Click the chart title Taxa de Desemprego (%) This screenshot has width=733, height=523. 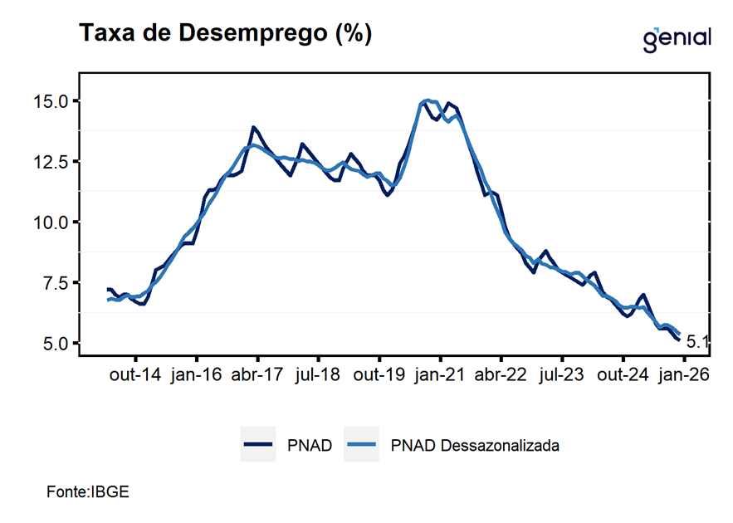(224, 34)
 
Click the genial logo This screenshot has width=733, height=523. (677, 38)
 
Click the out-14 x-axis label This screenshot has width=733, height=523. (134, 374)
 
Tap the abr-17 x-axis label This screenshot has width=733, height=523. (257, 374)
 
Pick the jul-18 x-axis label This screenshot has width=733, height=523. (317, 374)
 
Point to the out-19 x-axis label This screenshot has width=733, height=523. (379, 374)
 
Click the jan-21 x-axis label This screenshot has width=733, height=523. (439, 374)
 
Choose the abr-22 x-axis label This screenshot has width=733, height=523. (501, 374)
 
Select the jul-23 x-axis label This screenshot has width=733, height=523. (561, 374)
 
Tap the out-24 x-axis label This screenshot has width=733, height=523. (623, 374)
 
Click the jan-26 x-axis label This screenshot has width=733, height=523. (683, 374)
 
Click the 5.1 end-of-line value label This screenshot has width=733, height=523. (697, 341)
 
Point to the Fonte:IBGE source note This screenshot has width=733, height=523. (88, 491)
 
